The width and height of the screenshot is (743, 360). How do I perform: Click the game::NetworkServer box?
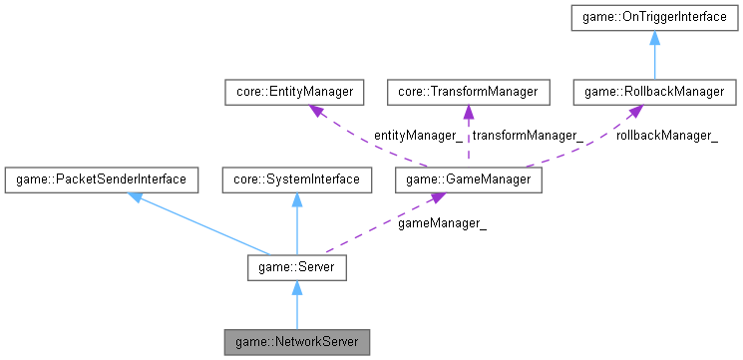click(x=296, y=342)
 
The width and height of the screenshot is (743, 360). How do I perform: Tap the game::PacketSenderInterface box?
click(x=100, y=180)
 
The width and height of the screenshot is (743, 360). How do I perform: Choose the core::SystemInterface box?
click(x=296, y=180)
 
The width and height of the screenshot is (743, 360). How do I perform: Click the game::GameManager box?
click(x=468, y=180)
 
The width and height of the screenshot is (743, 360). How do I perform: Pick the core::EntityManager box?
click(x=292, y=93)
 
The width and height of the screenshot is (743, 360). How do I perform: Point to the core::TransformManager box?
click(x=468, y=93)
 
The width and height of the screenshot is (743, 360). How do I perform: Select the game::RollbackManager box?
click(x=654, y=93)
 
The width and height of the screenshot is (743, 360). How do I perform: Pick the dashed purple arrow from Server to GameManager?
click(x=379, y=224)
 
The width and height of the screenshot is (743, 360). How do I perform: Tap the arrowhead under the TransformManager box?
click(x=468, y=113)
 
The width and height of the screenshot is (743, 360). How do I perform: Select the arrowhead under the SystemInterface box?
click(x=296, y=199)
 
